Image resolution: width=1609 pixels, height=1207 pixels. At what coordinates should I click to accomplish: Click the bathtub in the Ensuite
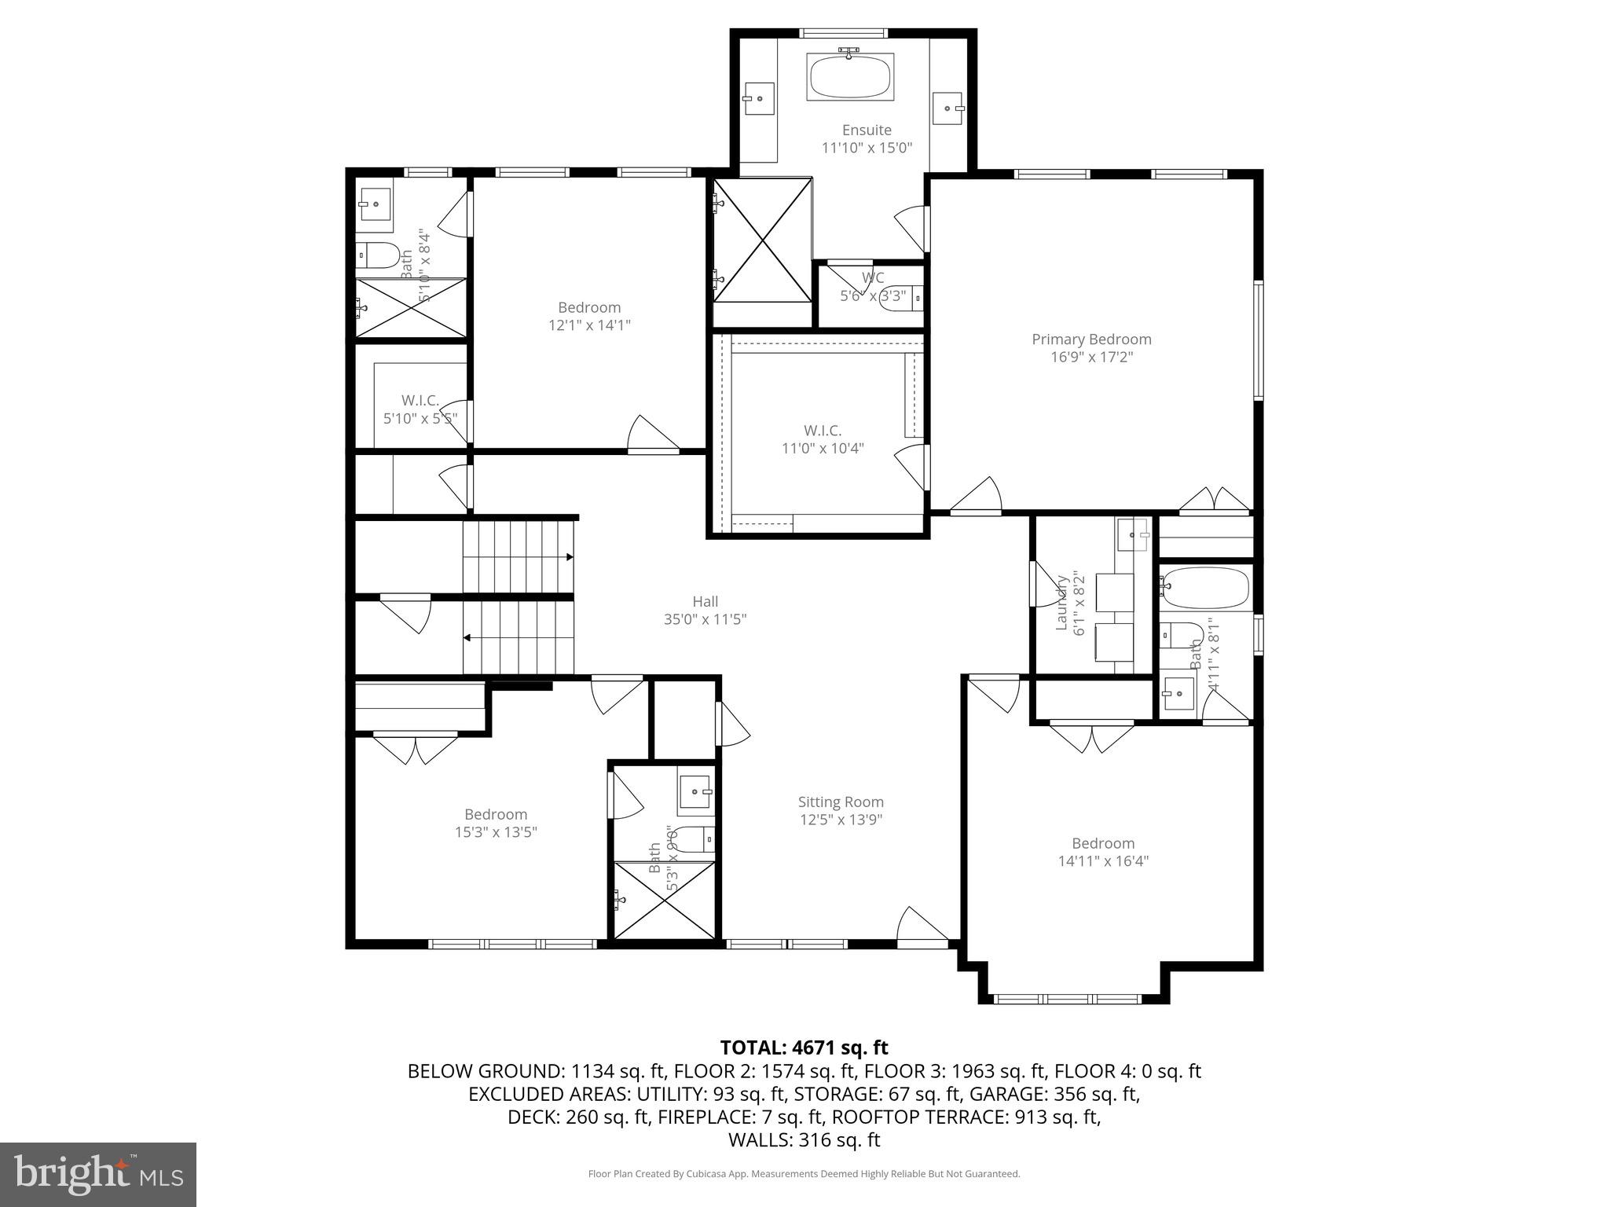tap(850, 76)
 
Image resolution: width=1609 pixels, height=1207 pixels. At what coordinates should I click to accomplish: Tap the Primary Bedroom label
tap(1091, 339)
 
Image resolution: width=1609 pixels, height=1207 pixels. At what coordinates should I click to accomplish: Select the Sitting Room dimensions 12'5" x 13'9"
tap(841, 820)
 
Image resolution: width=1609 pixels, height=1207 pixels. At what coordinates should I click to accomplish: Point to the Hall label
tap(705, 602)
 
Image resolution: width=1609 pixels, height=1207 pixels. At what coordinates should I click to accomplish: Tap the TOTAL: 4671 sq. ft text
tap(804, 1047)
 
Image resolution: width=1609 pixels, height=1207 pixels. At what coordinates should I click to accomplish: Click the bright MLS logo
tap(98, 1175)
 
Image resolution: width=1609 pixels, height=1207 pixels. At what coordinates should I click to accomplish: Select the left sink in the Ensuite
tap(759, 99)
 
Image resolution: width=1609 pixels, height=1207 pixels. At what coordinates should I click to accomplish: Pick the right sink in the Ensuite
tap(948, 108)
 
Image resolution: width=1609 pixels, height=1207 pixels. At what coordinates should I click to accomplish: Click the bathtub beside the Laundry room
tap(1205, 589)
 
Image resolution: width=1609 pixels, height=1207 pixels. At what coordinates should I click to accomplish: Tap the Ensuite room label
tap(867, 130)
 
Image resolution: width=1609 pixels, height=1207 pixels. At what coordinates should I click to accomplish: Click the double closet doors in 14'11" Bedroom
tap(1092, 737)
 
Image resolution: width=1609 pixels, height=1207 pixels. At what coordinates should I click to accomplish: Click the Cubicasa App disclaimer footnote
tap(804, 1174)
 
